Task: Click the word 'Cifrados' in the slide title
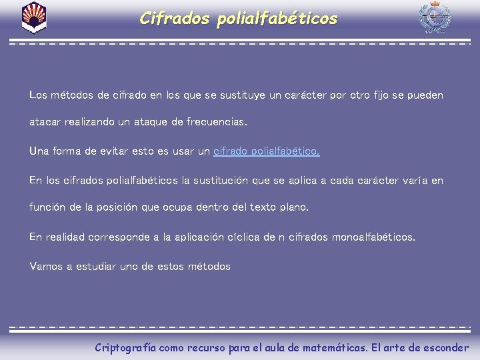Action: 174,19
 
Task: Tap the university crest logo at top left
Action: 34,17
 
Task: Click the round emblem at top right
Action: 435,18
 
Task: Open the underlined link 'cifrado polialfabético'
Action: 266,151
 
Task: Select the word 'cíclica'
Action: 235,237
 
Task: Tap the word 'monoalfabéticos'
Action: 372,237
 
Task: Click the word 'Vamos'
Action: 45,267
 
